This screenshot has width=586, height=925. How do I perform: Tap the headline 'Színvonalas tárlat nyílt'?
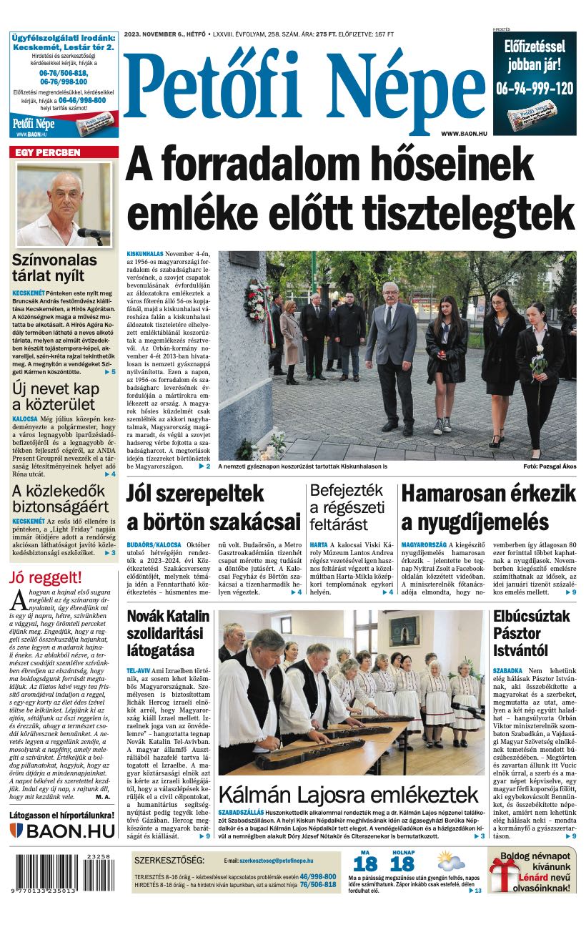(x=54, y=268)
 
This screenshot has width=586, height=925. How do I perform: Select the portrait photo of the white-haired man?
(x=64, y=204)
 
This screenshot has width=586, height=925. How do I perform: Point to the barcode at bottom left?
(x=64, y=872)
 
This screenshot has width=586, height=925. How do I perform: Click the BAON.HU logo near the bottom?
(x=63, y=831)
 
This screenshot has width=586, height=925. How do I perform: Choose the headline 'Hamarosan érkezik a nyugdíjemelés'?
(x=488, y=506)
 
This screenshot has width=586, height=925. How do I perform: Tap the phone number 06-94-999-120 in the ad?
(x=535, y=88)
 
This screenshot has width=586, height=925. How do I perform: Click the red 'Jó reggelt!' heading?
(x=46, y=577)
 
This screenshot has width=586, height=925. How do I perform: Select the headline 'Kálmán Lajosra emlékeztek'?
(x=348, y=795)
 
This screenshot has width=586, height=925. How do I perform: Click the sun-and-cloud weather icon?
(x=451, y=861)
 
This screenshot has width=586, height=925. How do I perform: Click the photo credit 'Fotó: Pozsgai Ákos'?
(x=549, y=466)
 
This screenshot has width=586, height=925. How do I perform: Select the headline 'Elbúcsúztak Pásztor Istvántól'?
(x=532, y=633)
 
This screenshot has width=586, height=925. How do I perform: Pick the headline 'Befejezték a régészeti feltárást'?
(x=347, y=506)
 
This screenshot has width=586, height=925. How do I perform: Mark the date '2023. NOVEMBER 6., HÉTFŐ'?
(x=162, y=34)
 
